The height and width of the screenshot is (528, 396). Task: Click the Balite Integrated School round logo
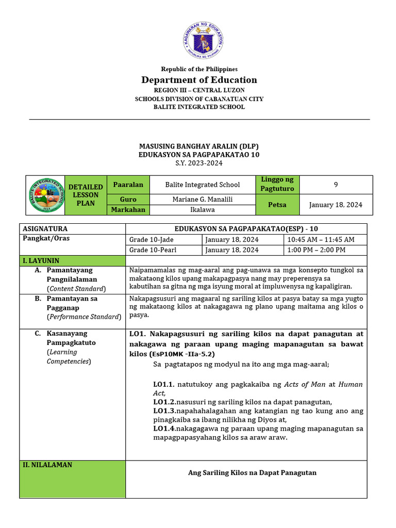pos(46,195)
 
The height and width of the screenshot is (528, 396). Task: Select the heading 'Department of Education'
pos(199,80)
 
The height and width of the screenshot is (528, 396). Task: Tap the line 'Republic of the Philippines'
pos(199,69)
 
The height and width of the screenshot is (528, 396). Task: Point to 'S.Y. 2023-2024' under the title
pos(199,163)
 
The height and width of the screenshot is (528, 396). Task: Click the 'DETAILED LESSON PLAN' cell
pos(85,195)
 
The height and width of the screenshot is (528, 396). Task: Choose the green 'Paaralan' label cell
pos(128,185)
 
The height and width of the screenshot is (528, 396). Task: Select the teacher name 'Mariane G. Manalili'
pos(202,200)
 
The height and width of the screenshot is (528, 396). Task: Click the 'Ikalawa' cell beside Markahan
pos(202,210)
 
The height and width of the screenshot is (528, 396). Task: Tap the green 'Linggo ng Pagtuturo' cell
pos(277,184)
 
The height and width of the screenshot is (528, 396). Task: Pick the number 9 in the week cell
pos(336,184)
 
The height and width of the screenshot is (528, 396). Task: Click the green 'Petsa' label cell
pos(277,205)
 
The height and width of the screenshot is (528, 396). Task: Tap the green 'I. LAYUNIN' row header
pos(73,261)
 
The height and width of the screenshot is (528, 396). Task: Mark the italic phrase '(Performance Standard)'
pos(84,317)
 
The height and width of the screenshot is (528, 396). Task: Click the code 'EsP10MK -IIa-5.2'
pos(182,355)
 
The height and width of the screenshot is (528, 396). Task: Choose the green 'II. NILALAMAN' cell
pos(73,479)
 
